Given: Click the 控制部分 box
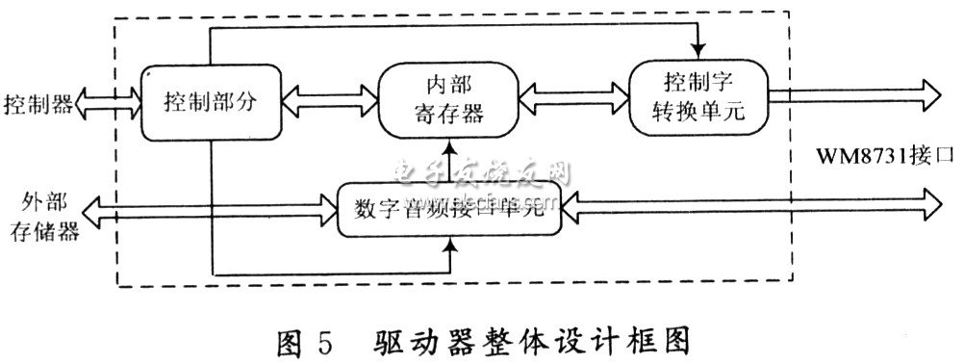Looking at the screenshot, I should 210,101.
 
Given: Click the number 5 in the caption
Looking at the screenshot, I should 323,341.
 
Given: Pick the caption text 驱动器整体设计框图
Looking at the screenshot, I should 534,341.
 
